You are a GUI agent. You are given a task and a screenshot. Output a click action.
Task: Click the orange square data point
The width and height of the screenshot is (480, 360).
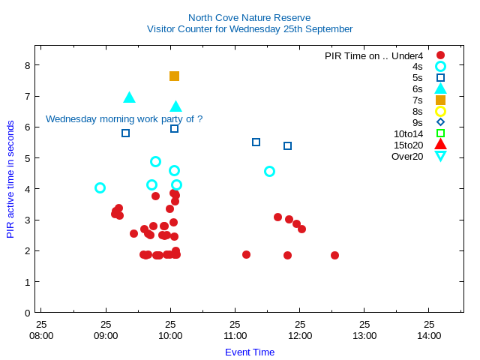click(x=174, y=76)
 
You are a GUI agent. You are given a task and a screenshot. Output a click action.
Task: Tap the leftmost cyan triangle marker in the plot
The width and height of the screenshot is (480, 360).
click(x=129, y=97)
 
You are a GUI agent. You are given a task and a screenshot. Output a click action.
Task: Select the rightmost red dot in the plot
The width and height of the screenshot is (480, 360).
click(x=334, y=255)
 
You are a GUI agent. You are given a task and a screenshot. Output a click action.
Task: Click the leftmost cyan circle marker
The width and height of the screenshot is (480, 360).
click(x=100, y=187)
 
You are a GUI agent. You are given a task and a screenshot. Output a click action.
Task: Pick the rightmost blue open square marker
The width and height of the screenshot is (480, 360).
click(x=287, y=145)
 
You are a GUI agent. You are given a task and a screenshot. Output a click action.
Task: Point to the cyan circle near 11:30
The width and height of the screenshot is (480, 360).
click(x=269, y=171)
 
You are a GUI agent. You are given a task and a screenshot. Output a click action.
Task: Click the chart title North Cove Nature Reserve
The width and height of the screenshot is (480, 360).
click(x=249, y=17)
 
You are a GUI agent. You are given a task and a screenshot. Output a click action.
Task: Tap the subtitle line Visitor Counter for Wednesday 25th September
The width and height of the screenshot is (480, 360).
click(x=249, y=28)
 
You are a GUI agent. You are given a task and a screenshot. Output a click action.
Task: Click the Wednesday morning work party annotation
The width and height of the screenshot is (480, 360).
click(x=124, y=118)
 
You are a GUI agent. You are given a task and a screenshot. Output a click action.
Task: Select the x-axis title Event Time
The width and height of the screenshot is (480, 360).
click(x=249, y=352)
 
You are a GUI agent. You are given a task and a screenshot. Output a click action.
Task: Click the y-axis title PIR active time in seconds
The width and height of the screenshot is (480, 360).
click(x=10, y=178)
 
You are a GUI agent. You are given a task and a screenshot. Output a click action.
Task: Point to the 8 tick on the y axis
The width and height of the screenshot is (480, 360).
click(x=27, y=65)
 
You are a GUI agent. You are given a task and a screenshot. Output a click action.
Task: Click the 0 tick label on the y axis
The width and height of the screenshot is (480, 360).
click(x=27, y=312)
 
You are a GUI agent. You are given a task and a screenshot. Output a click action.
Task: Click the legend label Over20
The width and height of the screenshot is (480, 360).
click(x=407, y=156)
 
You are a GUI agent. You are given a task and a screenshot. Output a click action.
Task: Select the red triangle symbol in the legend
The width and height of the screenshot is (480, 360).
click(x=440, y=145)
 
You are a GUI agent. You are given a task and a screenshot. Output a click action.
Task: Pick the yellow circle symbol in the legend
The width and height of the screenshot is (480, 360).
click(x=440, y=111)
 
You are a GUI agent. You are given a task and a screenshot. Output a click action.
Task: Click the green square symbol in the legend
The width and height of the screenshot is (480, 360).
click(x=440, y=133)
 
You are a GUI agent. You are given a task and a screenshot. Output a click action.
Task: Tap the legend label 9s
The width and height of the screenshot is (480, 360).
click(x=417, y=122)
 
